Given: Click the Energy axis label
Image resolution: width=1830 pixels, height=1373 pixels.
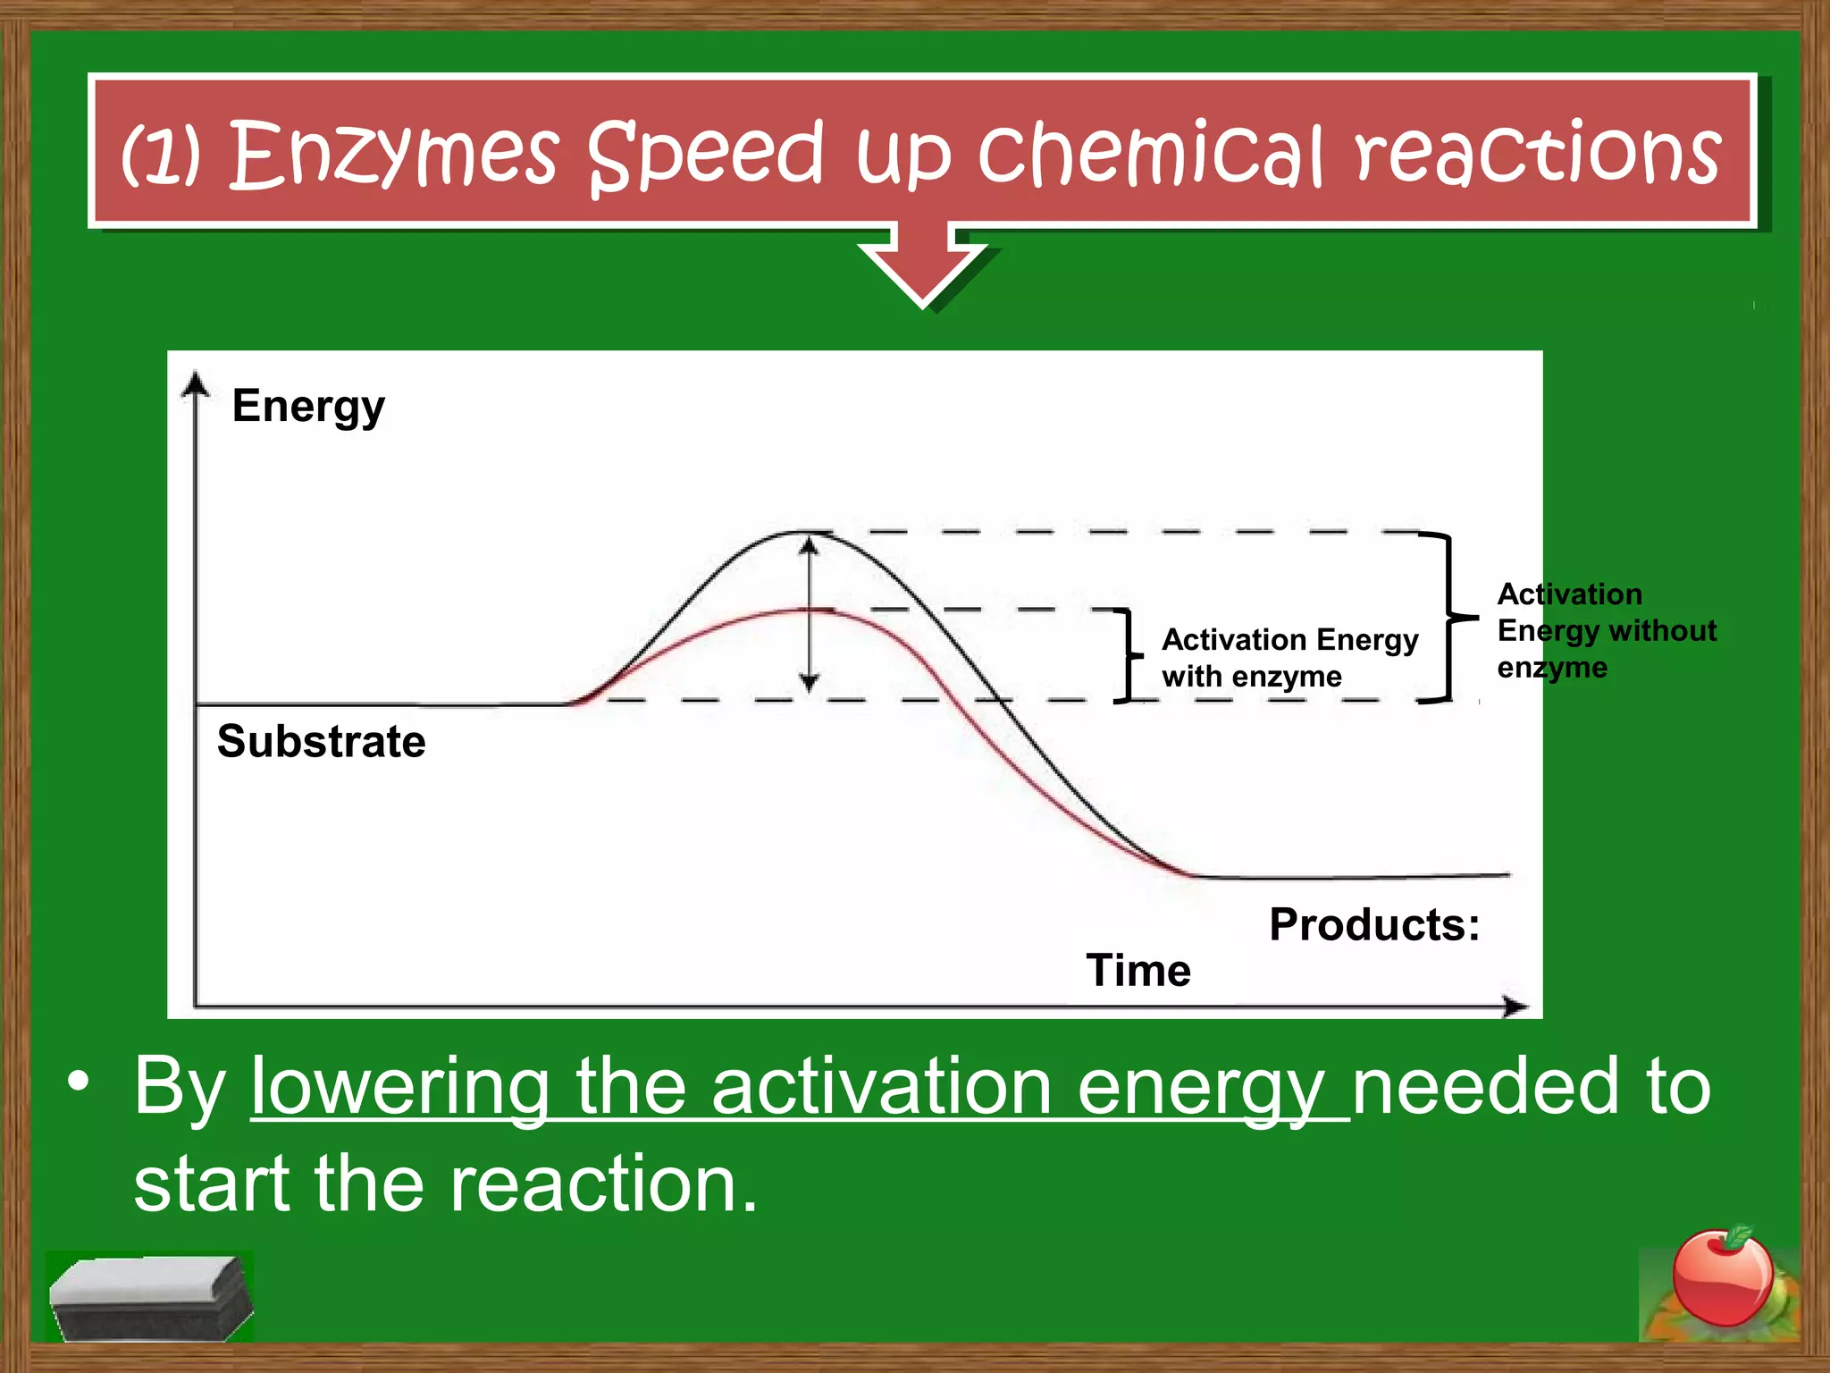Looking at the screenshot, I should [x=308, y=408].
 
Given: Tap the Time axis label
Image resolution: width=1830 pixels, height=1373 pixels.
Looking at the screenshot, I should [x=1137, y=971].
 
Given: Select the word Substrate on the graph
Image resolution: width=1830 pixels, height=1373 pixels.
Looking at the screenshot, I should [x=321, y=742].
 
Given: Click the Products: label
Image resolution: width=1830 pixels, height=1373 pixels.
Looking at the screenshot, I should [x=1373, y=925].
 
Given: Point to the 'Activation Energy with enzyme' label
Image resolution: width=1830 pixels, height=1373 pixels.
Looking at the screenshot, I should [x=1289, y=658].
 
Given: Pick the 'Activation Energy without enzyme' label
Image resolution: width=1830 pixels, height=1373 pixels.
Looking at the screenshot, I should [x=1605, y=631].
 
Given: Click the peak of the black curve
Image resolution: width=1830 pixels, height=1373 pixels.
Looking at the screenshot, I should [x=804, y=533].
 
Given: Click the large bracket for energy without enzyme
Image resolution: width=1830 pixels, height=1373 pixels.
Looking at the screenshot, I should [x=1448, y=617].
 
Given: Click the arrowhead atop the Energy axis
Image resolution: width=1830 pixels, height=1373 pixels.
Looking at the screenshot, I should [x=195, y=384].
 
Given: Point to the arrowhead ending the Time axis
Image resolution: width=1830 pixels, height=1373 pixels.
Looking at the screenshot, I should [x=1515, y=1007].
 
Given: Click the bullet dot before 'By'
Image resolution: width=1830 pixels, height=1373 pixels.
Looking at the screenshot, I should [x=79, y=1081].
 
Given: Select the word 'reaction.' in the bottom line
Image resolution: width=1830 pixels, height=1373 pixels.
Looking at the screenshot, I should [x=603, y=1183].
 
